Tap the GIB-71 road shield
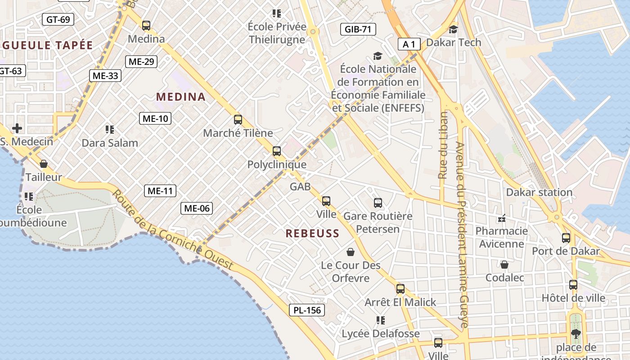click(x=358, y=30)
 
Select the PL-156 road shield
click(x=307, y=310)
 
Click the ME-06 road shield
click(x=197, y=208)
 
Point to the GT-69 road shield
click(x=58, y=19)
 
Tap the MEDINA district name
click(x=181, y=97)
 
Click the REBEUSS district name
click(x=312, y=234)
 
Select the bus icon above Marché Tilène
click(x=238, y=120)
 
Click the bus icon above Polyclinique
click(x=277, y=151)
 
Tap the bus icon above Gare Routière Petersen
click(x=378, y=203)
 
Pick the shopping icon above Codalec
click(x=504, y=265)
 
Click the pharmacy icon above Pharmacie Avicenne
click(x=502, y=218)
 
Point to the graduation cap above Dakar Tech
click(x=453, y=29)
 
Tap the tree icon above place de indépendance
click(x=576, y=334)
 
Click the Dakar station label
click(x=539, y=193)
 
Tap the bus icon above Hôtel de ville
click(x=573, y=285)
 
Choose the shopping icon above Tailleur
click(x=44, y=164)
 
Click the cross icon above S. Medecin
click(x=17, y=129)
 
